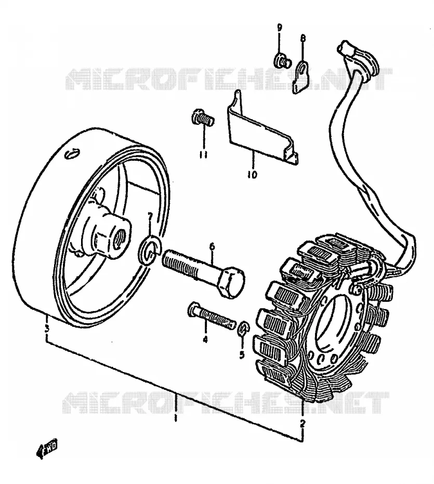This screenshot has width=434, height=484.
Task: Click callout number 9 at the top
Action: click(279, 27)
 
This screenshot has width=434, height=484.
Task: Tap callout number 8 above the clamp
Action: click(303, 39)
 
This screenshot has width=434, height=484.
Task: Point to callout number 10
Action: click(252, 175)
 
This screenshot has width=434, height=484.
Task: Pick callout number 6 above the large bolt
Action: click(212, 247)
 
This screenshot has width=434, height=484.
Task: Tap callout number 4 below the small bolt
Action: click(205, 339)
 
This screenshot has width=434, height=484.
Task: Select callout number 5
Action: click(242, 354)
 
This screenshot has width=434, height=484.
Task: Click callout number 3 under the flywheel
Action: click(47, 328)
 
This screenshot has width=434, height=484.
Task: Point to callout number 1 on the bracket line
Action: click(176, 418)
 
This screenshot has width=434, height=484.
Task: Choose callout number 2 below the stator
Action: click(303, 424)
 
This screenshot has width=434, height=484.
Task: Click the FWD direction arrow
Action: click(47, 448)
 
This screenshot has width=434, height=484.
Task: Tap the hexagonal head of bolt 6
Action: click(232, 283)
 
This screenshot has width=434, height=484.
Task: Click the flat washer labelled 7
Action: click(149, 250)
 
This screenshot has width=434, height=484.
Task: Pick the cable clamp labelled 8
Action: click(300, 77)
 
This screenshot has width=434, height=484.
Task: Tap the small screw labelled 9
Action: click(283, 60)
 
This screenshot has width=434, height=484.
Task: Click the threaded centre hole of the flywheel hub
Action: click(120, 239)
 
